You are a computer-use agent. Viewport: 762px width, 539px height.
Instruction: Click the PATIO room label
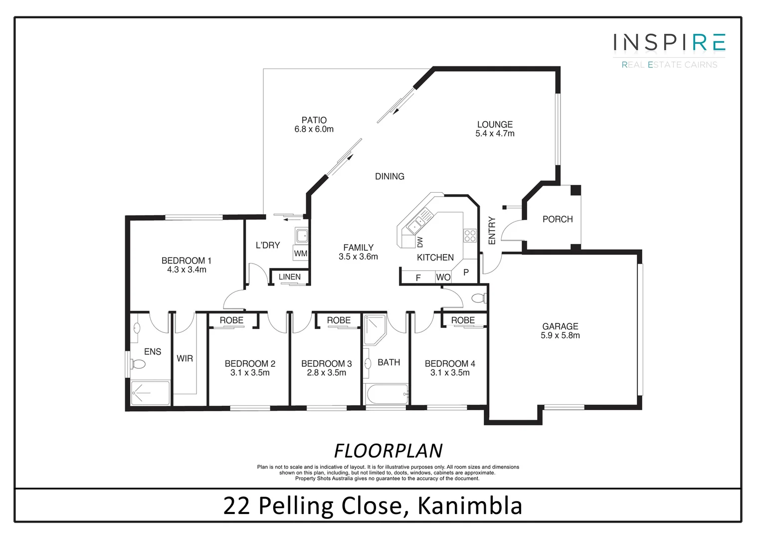coord(314,120)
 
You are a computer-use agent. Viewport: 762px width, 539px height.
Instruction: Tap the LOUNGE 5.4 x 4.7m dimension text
coord(495,134)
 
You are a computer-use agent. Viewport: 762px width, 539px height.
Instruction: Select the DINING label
coord(389,176)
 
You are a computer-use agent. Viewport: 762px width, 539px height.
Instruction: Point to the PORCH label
coord(557,219)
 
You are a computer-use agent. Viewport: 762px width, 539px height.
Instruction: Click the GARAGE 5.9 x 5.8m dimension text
coord(560,335)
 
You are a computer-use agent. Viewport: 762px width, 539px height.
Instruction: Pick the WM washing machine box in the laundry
coord(300,253)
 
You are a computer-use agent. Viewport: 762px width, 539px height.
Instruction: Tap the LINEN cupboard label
coord(289,277)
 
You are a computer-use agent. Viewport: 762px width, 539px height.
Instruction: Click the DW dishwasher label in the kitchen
coord(420,242)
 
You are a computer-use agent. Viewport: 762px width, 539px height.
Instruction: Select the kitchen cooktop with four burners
coord(470,236)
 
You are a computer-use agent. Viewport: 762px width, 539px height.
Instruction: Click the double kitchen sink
coord(416,223)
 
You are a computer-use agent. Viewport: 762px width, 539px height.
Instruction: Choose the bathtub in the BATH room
coord(387,395)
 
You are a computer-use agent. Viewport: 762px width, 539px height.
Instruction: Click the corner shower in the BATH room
coord(374,329)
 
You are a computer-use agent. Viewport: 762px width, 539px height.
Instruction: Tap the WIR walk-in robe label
coord(185,358)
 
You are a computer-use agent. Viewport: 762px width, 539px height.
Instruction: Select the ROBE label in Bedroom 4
coord(463,320)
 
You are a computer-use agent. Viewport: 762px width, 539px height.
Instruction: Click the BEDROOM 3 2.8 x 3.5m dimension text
coord(327,373)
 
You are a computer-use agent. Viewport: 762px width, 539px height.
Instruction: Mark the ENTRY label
coord(492,231)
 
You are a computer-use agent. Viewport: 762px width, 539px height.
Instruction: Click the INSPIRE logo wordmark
coord(669,43)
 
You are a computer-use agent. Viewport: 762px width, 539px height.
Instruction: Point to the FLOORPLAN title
coord(388,451)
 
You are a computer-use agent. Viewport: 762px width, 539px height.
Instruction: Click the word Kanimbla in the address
coord(469,506)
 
